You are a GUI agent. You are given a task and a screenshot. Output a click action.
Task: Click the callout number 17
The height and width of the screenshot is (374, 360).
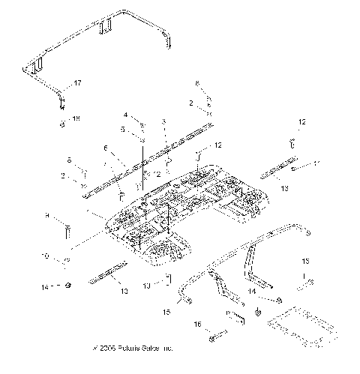click(76, 82)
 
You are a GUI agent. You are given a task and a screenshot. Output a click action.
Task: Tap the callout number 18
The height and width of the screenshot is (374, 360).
click(76, 118)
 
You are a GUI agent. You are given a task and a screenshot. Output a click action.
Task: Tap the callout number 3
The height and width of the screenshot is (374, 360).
click(163, 121)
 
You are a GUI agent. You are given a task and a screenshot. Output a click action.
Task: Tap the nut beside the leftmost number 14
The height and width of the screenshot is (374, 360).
click(67, 285)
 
